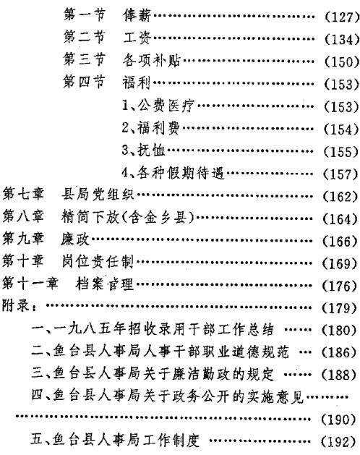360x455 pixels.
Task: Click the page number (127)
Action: click(x=341, y=17)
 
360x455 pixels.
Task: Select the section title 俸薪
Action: click(x=137, y=15)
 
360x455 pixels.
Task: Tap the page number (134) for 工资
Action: click(x=341, y=40)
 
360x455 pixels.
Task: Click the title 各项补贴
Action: click(x=151, y=60)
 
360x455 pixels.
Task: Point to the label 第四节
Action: click(x=84, y=82)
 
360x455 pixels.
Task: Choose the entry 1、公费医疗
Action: click(x=158, y=106)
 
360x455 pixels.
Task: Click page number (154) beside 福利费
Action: click(x=341, y=129)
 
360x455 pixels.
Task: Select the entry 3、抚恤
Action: click(x=143, y=150)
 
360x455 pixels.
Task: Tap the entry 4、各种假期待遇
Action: click(x=173, y=173)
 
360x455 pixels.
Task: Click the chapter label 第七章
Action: click(x=23, y=194)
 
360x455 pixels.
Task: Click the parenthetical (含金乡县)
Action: click(x=157, y=217)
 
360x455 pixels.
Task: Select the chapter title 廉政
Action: click(x=75, y=239)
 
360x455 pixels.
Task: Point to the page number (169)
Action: click(x=340, y=263)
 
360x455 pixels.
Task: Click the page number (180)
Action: click(x=340, y=331)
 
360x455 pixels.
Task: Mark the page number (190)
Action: click(x=339, y=420)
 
